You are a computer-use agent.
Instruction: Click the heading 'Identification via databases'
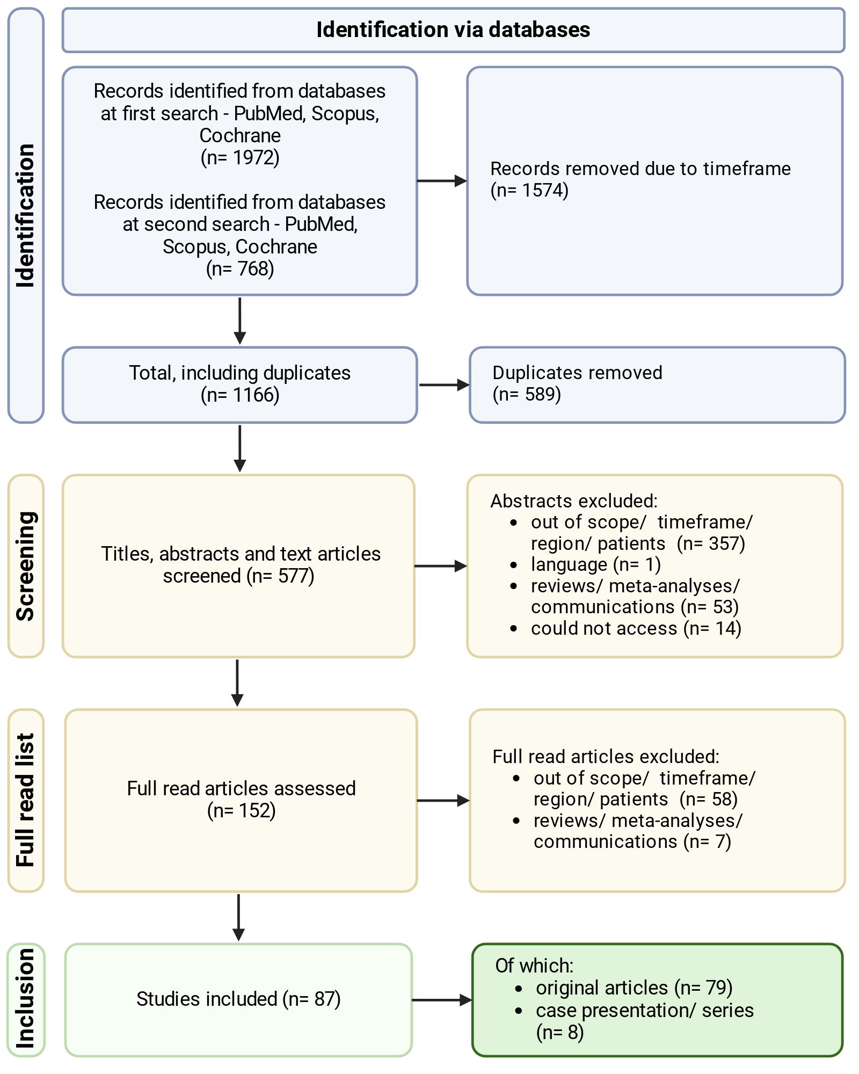point(453,30)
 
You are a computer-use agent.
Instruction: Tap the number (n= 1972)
point(240,158)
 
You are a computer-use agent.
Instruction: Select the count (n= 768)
point(240,268)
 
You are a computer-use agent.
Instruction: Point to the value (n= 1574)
point(529,190)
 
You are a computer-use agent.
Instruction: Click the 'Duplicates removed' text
point(577,373)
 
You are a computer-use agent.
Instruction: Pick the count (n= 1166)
point(240,395)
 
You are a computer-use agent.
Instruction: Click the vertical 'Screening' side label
point(26,566)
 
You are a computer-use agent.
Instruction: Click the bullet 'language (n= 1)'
point(596,564)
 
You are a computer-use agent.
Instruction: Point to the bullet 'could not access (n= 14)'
point(636,628)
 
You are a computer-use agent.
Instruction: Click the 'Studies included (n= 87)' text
point(238,999)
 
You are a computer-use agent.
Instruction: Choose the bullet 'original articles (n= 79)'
point(634,988)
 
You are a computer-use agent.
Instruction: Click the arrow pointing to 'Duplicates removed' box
point(444,385)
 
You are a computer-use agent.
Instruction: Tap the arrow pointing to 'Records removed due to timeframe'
point(442,181)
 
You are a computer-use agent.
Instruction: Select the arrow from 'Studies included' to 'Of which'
point(442,1000)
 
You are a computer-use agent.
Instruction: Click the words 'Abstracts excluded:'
point(574,501)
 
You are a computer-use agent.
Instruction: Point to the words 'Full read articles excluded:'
point(606,757)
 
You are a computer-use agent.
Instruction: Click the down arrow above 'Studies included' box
point(238,918)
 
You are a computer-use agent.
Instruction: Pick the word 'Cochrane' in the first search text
point(240,136)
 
